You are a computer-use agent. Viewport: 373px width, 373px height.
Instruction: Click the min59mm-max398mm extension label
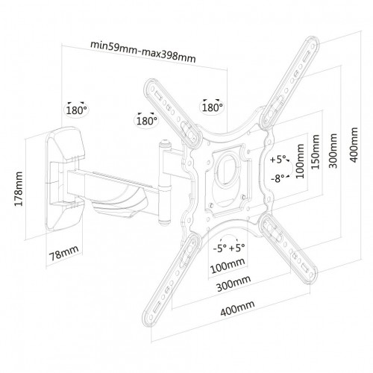pos(143,51)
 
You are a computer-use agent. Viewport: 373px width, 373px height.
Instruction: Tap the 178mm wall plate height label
pos(19,189)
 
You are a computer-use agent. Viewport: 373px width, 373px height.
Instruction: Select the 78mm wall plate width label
pos(64,253)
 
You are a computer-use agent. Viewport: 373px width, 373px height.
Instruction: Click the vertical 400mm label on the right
pos(354,145)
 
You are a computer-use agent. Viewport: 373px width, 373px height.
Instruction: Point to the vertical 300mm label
pos(333,151)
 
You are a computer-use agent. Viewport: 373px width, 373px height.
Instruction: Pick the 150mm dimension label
pos(316,151)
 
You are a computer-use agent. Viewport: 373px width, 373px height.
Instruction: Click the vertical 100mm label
pos(300,161)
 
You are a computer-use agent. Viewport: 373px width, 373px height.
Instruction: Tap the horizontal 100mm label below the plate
pos(228,266)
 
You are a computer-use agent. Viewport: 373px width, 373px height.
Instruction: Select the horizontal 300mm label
pos(233,283)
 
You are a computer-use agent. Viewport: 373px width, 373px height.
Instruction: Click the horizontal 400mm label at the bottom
pos(238,308)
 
